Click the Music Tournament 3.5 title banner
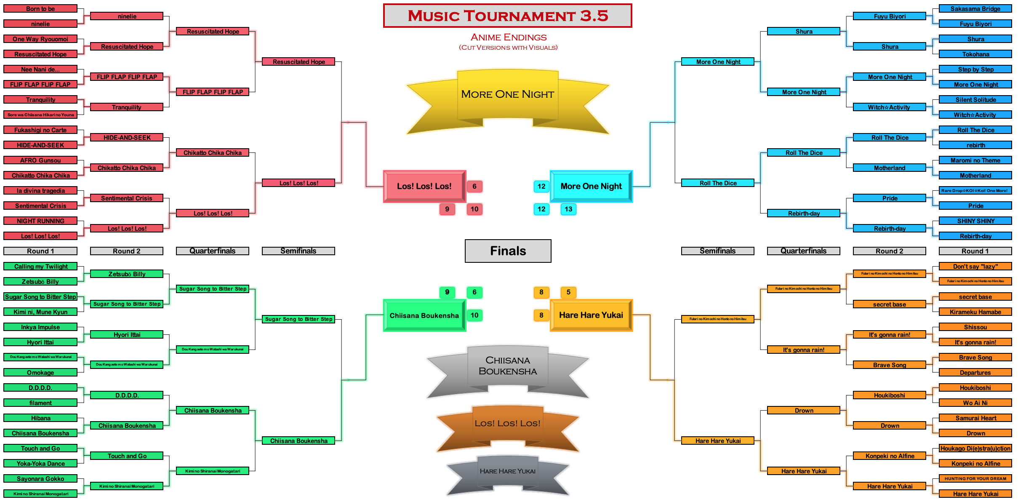(x=507, y=16)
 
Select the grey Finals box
(x=508, y=251)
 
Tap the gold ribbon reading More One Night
(x=507, y=94)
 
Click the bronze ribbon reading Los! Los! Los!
(x=507, y=423)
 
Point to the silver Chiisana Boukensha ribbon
(x=507, y=366)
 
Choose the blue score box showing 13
(x=568, y=209)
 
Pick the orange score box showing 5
(x=568, y=292)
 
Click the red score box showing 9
(x=447, y=209)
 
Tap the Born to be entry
(x=40, y=8)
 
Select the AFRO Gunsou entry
(x=40, y=160)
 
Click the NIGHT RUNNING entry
(x=40, y=221)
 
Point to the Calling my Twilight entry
(x=40, y=266)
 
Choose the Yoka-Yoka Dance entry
(x=40, y=463)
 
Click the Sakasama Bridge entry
(x=975, y=8)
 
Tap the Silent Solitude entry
(x=975, y=99)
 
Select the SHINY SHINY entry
(x=975, y=221)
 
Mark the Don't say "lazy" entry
(x=975, y=266)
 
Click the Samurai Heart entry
(x=975, y=418)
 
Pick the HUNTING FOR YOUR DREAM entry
(x=975, y=478)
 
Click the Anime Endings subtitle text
(x=508, y=37)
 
